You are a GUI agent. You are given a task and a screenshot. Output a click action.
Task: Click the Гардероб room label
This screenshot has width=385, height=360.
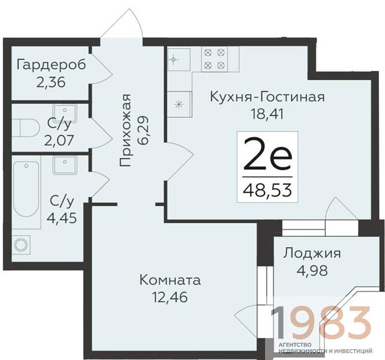(52, 65)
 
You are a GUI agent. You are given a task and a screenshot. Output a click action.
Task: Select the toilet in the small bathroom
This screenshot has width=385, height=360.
(26, 128)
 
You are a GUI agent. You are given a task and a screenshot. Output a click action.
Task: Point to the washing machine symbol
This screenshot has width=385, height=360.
(21, 245)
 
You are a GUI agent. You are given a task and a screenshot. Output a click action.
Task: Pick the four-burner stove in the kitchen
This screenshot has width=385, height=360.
(215, 59)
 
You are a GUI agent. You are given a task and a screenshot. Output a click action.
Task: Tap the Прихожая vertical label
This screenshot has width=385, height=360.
(125, 130)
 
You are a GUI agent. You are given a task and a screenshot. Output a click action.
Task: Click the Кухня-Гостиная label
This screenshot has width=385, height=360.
(267, 97)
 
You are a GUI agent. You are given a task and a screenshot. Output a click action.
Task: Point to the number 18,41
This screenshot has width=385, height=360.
(267, 114)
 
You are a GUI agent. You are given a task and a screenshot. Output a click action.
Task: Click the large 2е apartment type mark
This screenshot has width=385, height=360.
(267, 154)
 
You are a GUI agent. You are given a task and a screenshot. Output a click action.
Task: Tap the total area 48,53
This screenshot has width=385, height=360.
(267, 190)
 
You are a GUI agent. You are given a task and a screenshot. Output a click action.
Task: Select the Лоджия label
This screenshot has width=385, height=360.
(312, 253)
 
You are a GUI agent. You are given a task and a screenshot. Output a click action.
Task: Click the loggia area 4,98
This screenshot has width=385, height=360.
(312, 271)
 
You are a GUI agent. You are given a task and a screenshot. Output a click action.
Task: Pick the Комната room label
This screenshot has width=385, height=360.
(170, 280)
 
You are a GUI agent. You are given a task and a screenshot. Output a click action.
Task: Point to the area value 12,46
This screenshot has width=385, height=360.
(170, 297)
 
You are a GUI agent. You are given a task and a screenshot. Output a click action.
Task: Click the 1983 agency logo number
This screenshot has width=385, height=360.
(320, 322)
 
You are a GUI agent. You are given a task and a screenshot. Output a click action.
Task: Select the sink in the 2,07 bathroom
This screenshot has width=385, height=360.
(65, 113)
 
